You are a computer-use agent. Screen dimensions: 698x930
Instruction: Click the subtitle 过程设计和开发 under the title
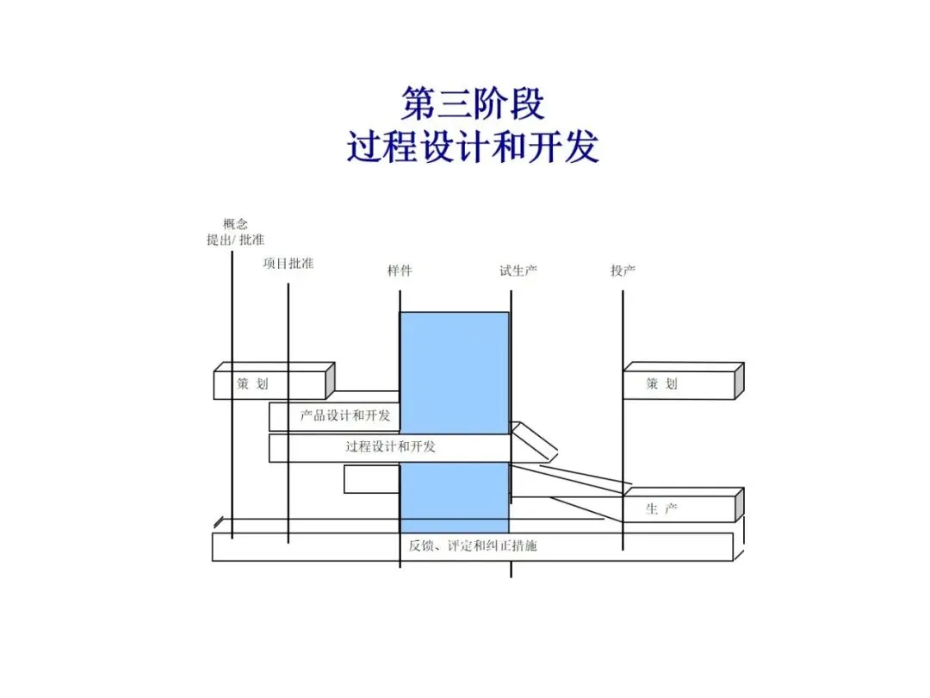473,147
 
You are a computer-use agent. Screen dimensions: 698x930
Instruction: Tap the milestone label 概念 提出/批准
235,232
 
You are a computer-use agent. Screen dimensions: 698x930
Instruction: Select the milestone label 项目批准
288,263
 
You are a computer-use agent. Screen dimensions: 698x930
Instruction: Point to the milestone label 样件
400,271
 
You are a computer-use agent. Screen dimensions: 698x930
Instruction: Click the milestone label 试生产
518,271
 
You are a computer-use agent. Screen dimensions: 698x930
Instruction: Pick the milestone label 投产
623,271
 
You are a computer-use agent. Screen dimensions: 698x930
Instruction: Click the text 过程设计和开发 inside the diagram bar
390,446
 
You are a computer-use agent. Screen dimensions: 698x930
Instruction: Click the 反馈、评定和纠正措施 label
473,545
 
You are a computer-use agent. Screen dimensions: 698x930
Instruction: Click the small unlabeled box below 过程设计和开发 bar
371,479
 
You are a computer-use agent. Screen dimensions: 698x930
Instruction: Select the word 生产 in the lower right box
661,509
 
